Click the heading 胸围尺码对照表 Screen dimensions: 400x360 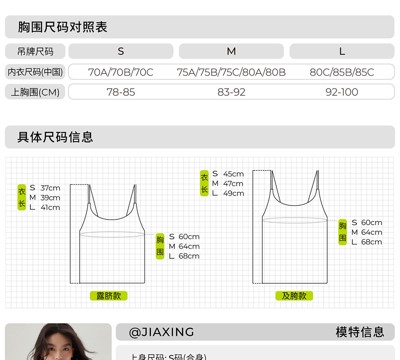pos(62,27)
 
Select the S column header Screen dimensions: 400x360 pos(121,51)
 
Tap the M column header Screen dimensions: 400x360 pos(231,51)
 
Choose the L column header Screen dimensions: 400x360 pos(342,51)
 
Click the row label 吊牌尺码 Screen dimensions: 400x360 pos(35,51)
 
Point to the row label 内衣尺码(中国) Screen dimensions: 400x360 pos(35,72)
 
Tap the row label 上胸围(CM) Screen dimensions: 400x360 pos(35,92)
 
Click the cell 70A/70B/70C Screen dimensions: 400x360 pos(121,72)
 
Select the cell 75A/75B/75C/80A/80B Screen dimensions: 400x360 pos(231,72)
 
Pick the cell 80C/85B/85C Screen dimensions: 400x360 pos(342,72)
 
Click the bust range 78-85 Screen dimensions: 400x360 pos(121,92)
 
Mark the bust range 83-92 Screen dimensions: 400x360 pos(231,92)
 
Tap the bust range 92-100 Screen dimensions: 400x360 pos(342,92)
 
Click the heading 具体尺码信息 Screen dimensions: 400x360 pos(55,137)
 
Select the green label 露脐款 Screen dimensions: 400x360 pos(108,296)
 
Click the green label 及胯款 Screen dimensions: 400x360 pos(294,296)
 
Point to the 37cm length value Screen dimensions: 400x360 pos(50,188)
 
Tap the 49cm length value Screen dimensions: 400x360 pos(234,193)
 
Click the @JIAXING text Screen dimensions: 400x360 pos(162,332)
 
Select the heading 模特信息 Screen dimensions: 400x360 pos(360,332)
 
